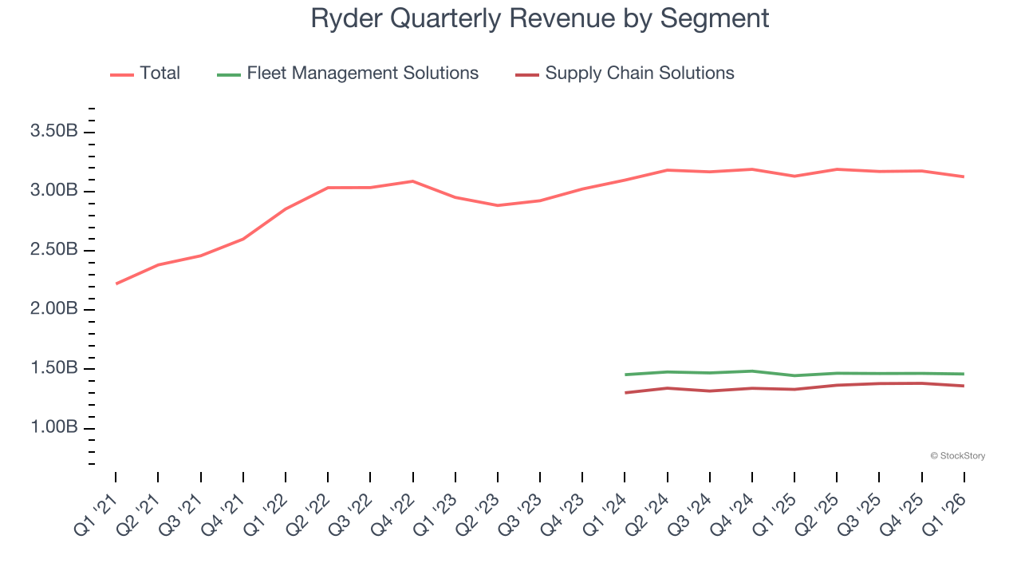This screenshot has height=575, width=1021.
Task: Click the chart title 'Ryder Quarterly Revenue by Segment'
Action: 539,18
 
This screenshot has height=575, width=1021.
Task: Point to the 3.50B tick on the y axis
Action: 53,132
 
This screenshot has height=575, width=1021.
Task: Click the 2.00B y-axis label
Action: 53,310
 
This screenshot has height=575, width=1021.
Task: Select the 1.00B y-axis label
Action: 53,428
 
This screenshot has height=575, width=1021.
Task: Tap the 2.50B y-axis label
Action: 53,250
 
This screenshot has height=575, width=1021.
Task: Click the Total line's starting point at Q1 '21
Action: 116,284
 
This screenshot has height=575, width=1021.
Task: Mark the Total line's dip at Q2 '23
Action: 498,205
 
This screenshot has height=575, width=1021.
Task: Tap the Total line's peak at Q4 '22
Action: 412,181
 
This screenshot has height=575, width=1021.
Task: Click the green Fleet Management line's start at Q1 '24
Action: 625,375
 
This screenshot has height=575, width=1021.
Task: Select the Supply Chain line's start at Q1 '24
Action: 625,393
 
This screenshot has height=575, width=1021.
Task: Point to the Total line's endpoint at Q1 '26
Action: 964,176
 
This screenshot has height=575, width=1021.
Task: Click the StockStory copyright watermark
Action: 957,456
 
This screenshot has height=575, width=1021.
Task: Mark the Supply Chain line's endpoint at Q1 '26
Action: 964,386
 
